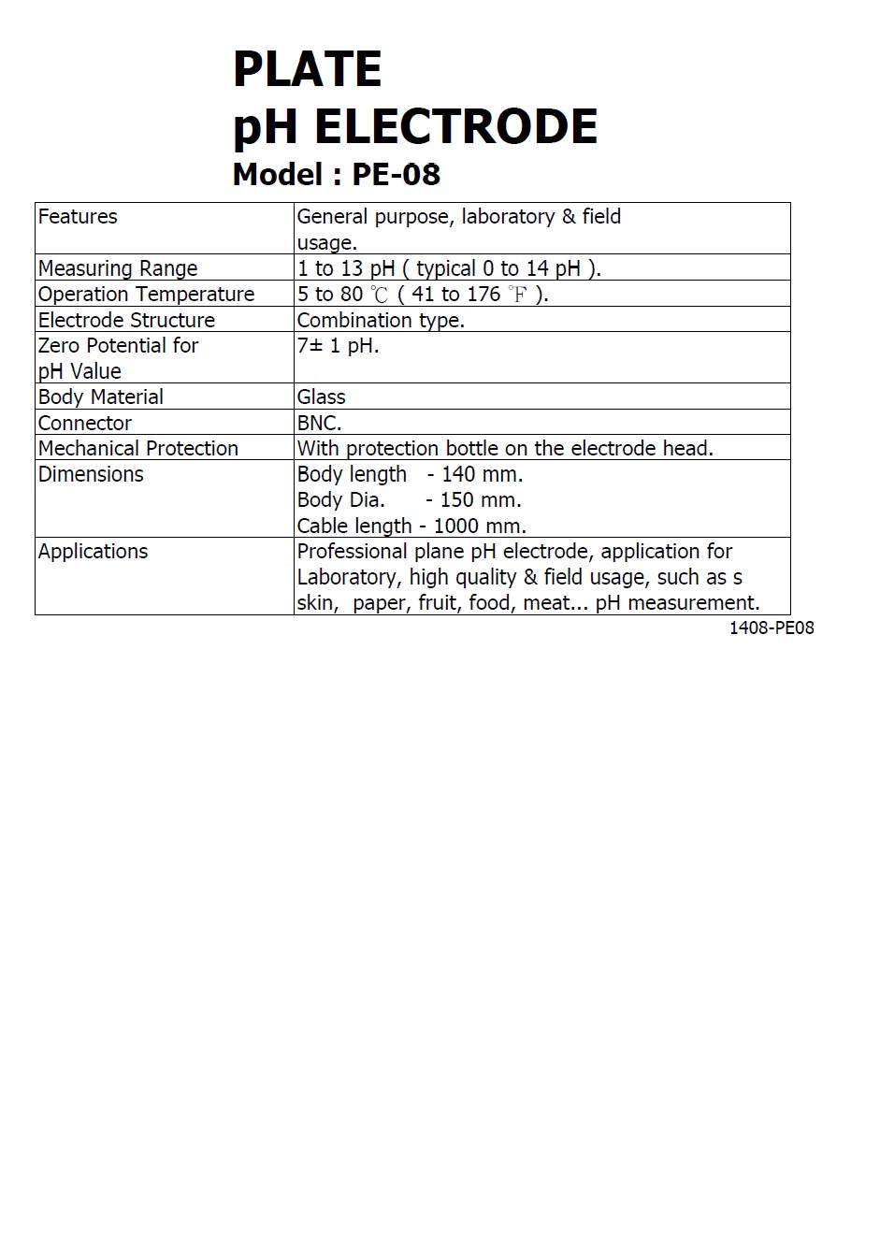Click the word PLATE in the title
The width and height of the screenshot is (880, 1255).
pos(307,69)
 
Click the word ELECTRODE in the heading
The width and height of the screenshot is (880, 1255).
pos(455,127)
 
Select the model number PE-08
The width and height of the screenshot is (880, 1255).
pos(396,175)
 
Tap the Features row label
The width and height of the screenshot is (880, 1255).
pos(78,217)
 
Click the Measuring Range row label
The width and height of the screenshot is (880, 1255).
pos(118,268)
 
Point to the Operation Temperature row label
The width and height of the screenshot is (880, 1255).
pos(146,295)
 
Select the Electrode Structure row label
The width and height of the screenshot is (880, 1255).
pos(126,320)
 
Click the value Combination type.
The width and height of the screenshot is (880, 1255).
pos(381,320)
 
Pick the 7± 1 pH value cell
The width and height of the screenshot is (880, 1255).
pos(338,346)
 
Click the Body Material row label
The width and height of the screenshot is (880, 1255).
pos(101,397)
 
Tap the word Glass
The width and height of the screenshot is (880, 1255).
pos(321,397)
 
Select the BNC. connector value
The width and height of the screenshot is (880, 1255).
pos(319,423)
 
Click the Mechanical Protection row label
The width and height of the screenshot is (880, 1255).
pos(138,449)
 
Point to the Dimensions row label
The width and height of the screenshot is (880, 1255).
pos(91,474)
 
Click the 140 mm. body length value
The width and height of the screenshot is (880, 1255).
pos(483,474)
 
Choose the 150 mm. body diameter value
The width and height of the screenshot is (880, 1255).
pos(481,500)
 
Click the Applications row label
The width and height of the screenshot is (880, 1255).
pos(93,552)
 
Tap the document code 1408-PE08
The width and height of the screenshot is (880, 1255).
pos(772,628)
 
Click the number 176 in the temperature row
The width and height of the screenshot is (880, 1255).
pos(483,295)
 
